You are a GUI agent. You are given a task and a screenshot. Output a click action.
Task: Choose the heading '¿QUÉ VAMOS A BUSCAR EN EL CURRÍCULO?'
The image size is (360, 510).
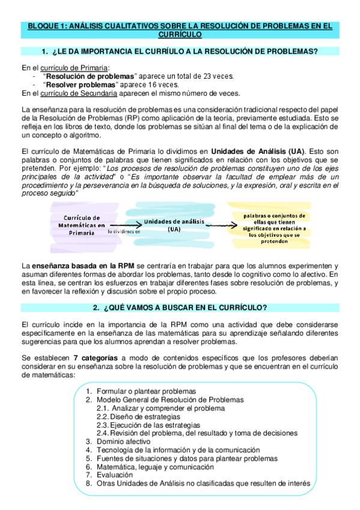tap(180, 308)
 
